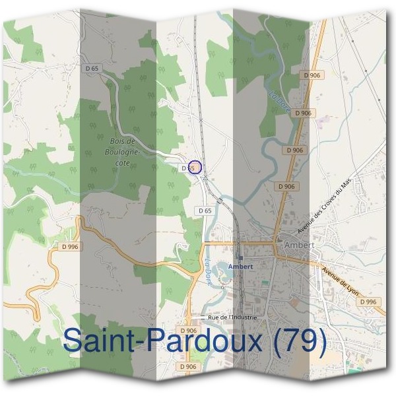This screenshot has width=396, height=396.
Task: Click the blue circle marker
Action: pos(194,168)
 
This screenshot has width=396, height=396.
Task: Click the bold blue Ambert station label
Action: pos(240,266)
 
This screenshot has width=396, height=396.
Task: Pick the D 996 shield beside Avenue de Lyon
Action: pos(369,302)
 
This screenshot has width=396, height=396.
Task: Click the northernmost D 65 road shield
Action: pos(92,68)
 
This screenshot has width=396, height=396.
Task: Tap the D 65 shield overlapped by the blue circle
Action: pos(187,168)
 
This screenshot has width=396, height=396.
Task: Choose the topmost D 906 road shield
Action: pos(312,75)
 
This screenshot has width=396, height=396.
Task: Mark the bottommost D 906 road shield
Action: pos(188,366)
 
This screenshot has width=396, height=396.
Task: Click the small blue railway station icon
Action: pos(240,257)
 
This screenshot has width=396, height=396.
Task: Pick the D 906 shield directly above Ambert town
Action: pos(287,187)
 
